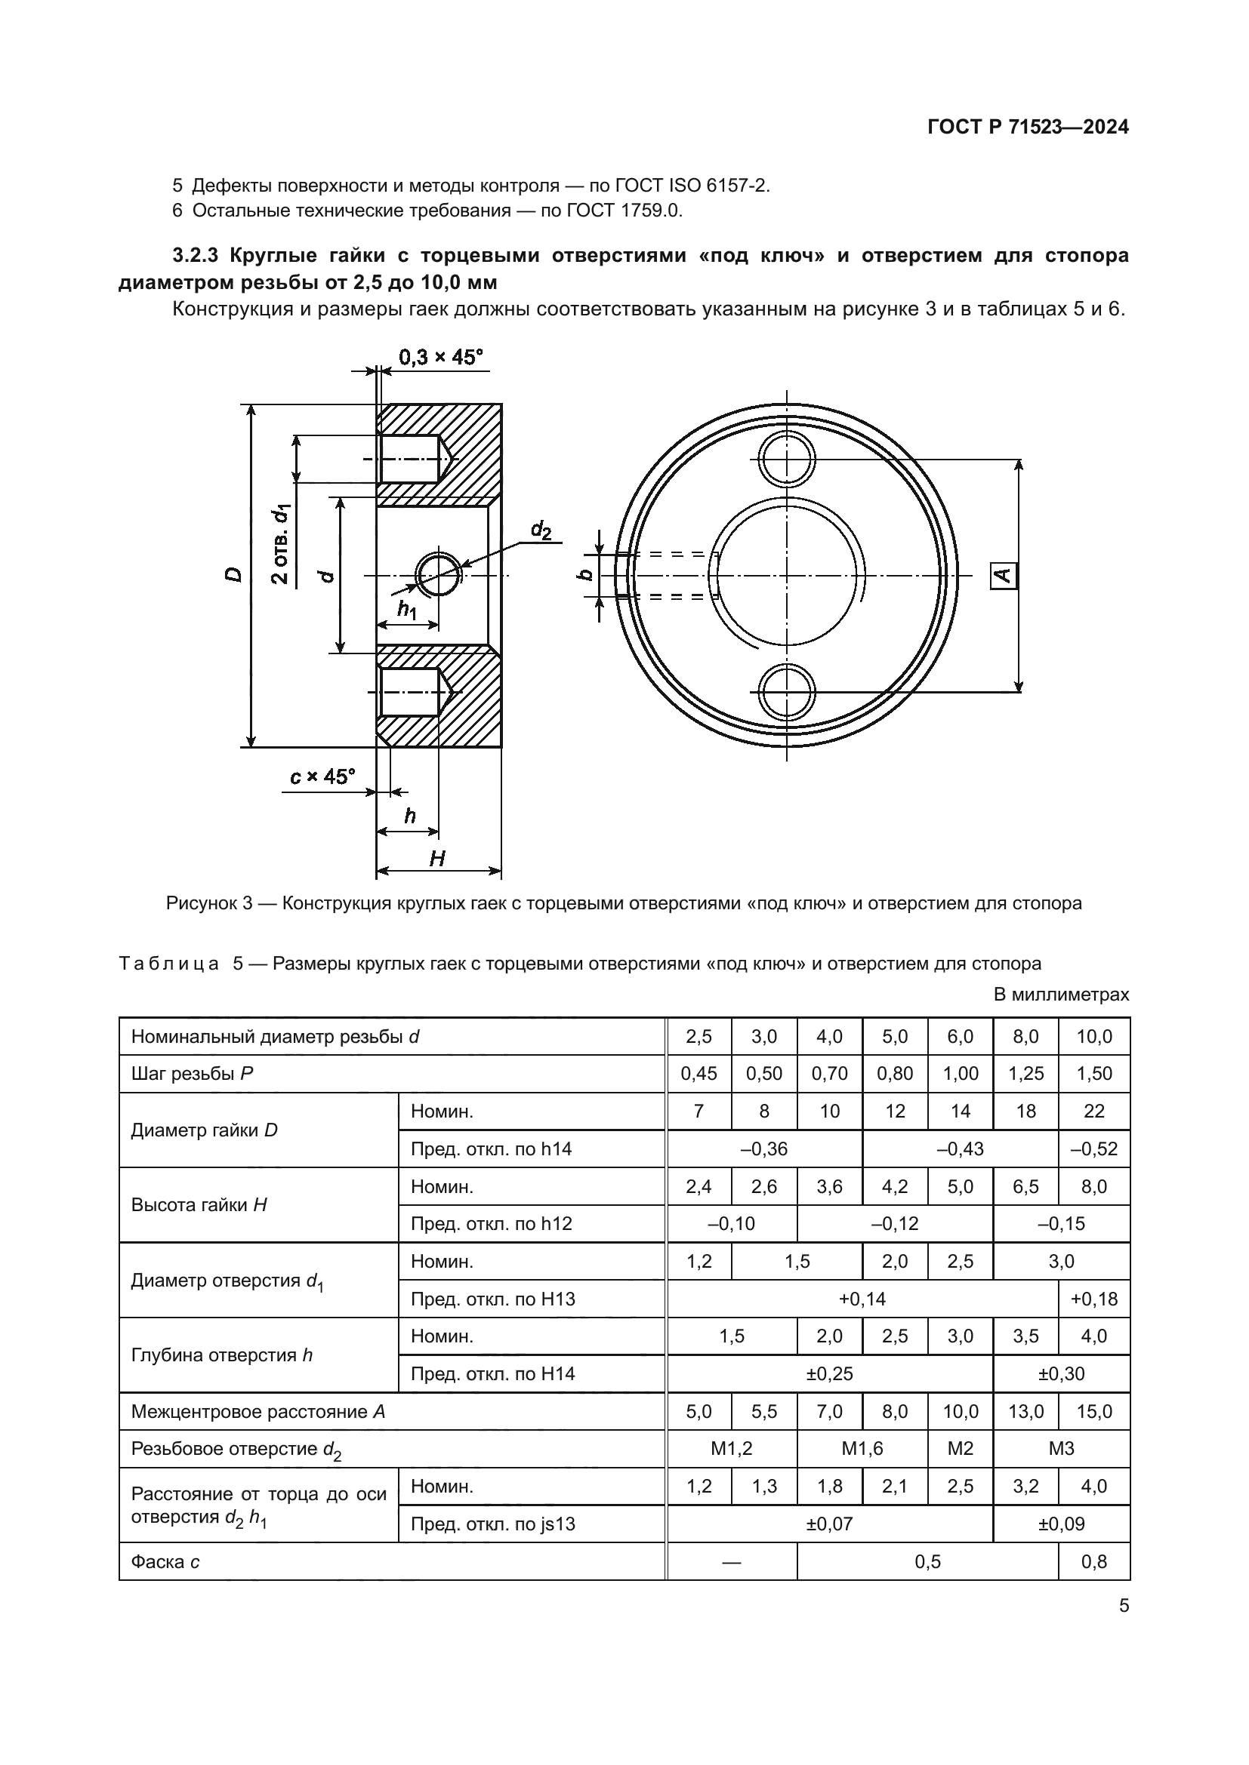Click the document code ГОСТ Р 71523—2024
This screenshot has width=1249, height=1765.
click(x=1028, y=127)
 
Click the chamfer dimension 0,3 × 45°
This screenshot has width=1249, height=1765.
click(x=440, y=358)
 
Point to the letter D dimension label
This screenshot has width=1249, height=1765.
click(x=234, y=574)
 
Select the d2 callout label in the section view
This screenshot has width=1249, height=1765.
click(x=541, y=530)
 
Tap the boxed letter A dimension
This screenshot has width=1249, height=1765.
click(x=1003, y=576)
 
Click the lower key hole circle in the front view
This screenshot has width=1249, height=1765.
click(x=786, y=692)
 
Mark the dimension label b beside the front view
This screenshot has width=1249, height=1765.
click(x=585, y=575)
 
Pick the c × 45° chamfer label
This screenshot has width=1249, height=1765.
click(x=323, y=776)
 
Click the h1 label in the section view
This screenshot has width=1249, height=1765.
click(x=407, y=610)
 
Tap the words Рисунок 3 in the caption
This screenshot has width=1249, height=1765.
click(x=209, y=903)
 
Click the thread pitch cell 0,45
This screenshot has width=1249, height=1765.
click(x=699, y=1073)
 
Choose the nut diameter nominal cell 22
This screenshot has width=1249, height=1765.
click(x=1093, y=1111)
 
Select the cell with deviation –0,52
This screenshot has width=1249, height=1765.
click(x=1093, y=1148)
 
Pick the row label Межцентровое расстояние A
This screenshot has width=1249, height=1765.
click(x=258, y=1411)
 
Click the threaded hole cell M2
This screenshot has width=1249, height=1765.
click(x=960, y=1449)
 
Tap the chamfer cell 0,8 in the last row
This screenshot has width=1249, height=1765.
click(x=1093, y=1561)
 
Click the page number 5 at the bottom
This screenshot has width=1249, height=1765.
click(x=1124, y=1606)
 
